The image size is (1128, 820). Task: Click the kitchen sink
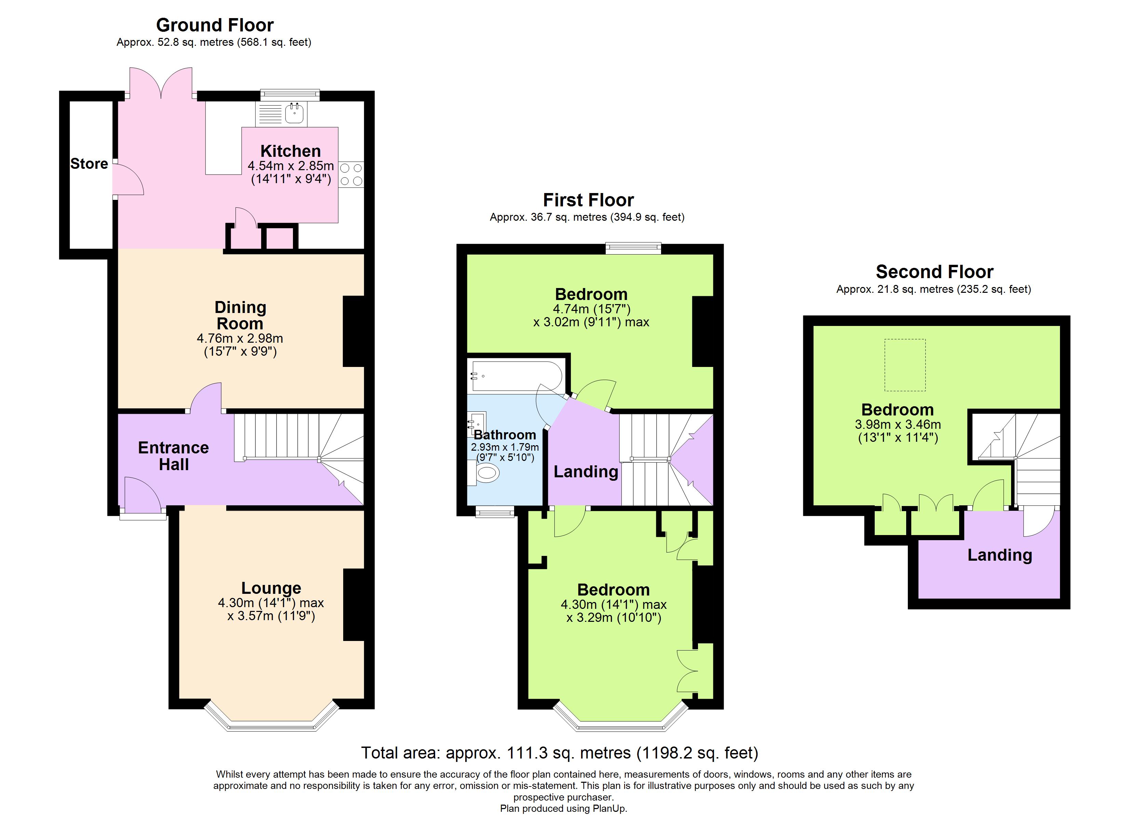294,113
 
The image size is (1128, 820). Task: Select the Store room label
89,164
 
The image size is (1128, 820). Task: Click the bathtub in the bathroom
517,376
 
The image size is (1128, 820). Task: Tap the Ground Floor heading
215,25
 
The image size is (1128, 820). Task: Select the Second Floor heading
935,272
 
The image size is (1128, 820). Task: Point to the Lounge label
271,588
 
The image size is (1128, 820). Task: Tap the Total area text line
560,753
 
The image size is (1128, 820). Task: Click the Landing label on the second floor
1000,555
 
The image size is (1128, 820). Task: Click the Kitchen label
291,151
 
